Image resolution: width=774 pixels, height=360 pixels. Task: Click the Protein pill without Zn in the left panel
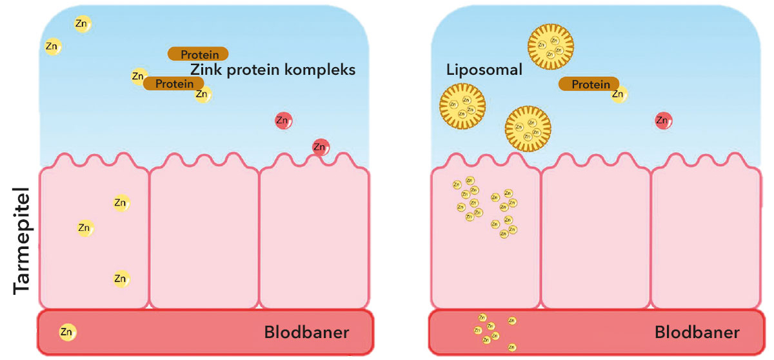pyautogui.click(x=197, y=54)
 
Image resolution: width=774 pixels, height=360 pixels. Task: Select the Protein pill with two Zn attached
pyautogui.click(x=174, y=83)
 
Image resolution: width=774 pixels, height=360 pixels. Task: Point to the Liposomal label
pyautogui.click(x=484, y=70)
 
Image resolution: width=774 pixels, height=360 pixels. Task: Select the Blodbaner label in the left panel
pyautogui.click(x=306, y=333)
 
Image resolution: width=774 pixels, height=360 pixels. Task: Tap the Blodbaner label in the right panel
pyautogui.click(x=697, y=333)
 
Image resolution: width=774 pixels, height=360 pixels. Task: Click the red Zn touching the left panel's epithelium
pyautogui.click(x=321, y=147)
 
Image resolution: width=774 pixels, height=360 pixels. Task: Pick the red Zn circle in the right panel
pyautogui.click(x=663, y=120)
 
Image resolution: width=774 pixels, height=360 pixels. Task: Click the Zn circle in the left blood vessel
pyautogui.click(x=67, y=332)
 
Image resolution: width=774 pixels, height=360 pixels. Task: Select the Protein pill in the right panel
pyautogui.click(x=588, y=84)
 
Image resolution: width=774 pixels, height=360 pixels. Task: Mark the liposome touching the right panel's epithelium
pyautogui.click(x=528, y=129)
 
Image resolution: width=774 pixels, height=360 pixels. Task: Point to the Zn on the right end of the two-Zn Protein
pyautogui.click(x=203, y=95)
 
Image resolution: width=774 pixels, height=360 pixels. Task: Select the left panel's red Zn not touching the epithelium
pyautogui.click(x=283, y=120)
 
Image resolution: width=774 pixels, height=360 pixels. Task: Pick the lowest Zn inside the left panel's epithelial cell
pyautogui.click(x=120, y=279)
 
